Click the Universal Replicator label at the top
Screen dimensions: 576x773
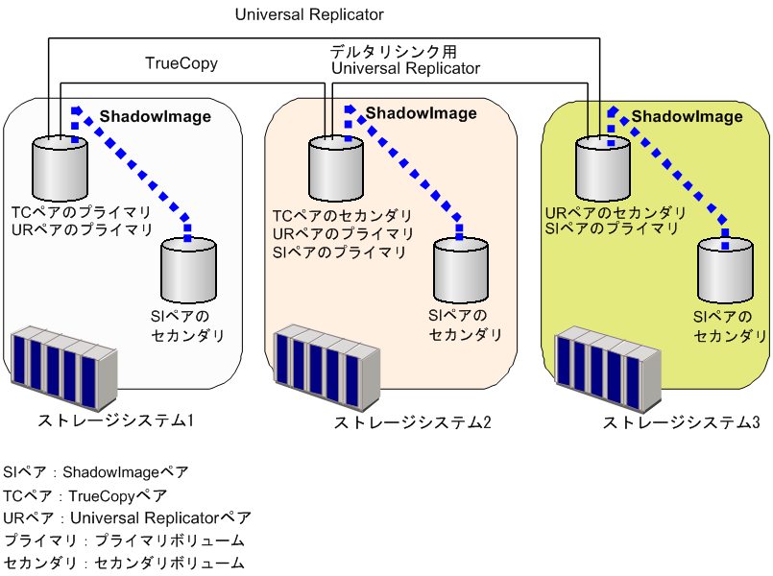point(309,14)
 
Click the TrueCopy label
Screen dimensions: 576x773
point(181,64)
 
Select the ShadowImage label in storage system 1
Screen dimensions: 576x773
point(156,116)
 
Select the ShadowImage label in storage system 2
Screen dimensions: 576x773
point(421,113)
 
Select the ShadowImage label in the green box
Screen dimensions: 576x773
point(687,116)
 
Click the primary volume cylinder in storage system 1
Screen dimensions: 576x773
point(60,165)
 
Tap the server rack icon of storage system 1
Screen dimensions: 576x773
point(63,369)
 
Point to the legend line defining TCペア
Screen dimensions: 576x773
point(85,495)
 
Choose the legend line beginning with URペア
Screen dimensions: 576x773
point(127,518)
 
